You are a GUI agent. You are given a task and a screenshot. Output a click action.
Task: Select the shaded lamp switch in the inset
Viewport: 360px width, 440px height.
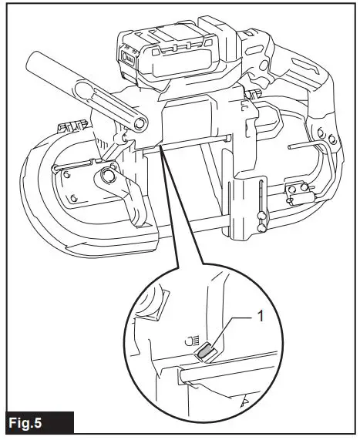pyautogui.click(x=205, y=352)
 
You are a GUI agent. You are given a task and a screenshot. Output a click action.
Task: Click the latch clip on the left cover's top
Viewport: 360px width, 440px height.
pyautogui.click(x=69, y=126)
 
